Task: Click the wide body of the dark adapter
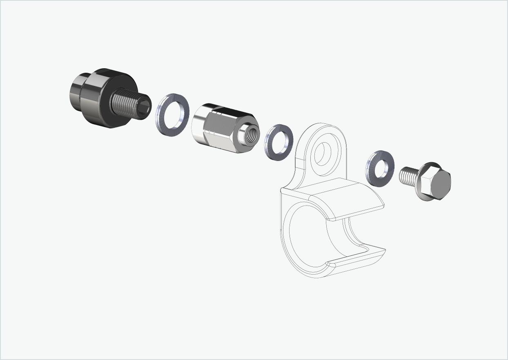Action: tap(100, 98)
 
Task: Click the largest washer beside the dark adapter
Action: tap(163, 119)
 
